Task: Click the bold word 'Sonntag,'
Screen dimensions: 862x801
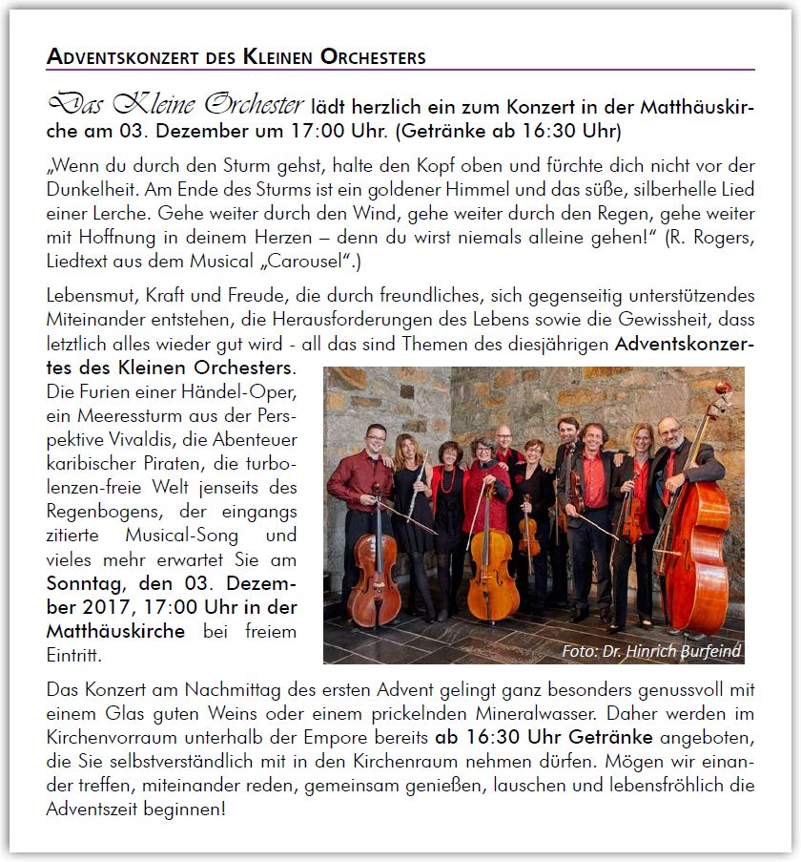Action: pyautogui.click(x=84, y=583)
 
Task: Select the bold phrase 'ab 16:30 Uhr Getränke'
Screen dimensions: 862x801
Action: pyautogui.click(x=544, y=737)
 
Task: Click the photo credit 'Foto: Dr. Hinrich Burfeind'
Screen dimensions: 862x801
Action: pyautogui.click(x=650, y=651)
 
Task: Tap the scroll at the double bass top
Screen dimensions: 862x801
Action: pyautogui.click(x=724, y=391)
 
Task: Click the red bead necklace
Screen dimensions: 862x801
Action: pyautogui.click(x=448, y=477)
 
